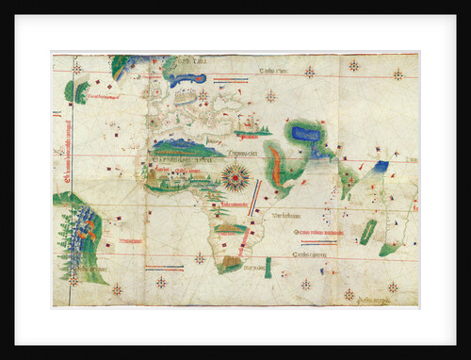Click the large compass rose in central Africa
pyautogui.click(x=235, y=176)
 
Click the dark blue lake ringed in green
pyautogui.click(x=305, y=134)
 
